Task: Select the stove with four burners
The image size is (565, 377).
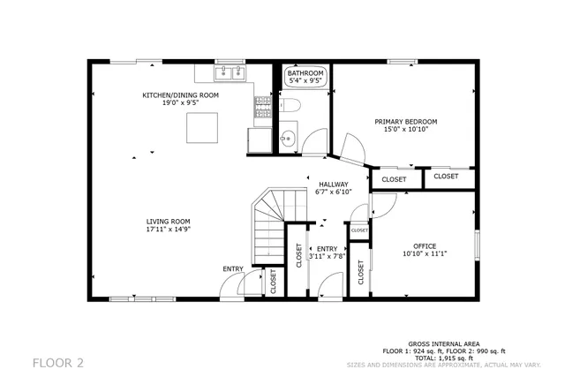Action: click(x=262, y=108)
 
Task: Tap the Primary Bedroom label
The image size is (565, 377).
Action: click(x=406, y=121)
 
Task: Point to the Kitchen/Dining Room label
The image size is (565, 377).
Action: click(x=181, y=94)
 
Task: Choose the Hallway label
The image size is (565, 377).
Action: click(x=334, y=185)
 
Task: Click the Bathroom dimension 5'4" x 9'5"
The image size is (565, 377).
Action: click(x=313, y=81)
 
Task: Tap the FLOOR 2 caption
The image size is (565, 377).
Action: click(x=58, y=362)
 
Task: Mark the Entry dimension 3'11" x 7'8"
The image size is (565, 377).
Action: click(x=328, y=256)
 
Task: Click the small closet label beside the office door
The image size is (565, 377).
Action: click(x=359, y=230)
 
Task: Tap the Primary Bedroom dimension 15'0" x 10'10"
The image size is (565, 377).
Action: click(x=406, y=129)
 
